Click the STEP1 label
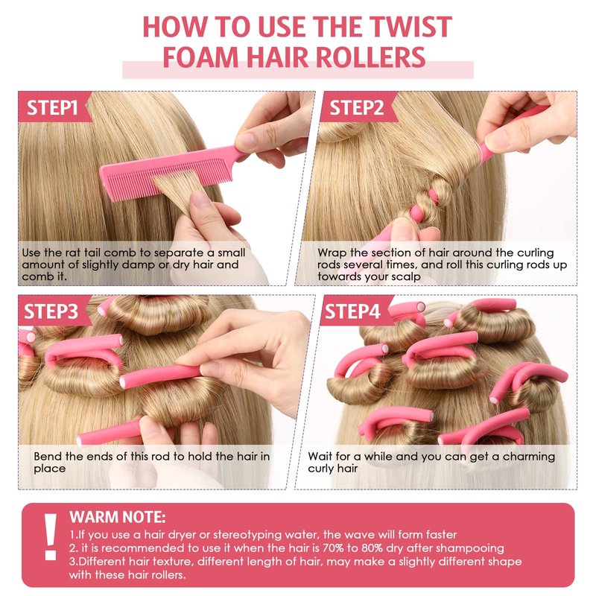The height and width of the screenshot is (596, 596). point(52,107)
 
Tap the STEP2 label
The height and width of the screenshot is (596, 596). point(356,107)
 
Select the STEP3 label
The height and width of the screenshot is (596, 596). point(51,311)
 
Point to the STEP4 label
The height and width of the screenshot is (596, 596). point(352,311)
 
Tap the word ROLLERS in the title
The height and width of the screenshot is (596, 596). point(370,57)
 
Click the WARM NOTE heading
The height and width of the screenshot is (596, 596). point(118,517)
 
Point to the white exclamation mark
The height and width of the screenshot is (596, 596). point(50,536)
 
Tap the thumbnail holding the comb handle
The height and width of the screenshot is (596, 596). point(248,142)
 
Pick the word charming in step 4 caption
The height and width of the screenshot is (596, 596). point(528,456)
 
